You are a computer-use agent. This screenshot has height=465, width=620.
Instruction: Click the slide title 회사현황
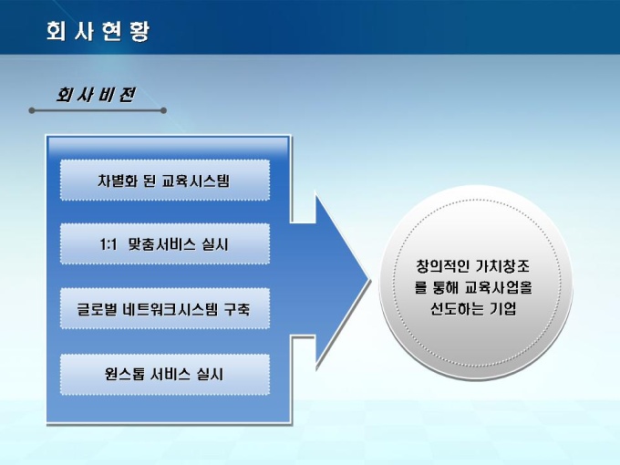tap(98, 31)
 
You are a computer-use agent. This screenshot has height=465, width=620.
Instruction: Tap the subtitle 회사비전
tap(95, 95)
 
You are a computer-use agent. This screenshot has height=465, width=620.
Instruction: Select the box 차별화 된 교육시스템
tap(164, 181)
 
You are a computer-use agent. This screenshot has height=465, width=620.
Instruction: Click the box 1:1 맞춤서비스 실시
tap(164, 244)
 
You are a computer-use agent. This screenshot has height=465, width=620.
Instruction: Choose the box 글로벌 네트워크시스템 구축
tap(164, 310)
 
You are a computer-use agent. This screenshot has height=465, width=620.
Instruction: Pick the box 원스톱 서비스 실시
tap(164, 374)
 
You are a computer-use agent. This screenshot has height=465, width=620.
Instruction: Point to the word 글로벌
tap(98, 310)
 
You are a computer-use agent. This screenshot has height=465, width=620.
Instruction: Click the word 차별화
tap(116, 181)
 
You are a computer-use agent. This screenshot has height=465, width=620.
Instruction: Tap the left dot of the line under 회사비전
tap(32, 110)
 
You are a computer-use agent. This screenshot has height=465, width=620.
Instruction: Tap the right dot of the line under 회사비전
tap(163, 110)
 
